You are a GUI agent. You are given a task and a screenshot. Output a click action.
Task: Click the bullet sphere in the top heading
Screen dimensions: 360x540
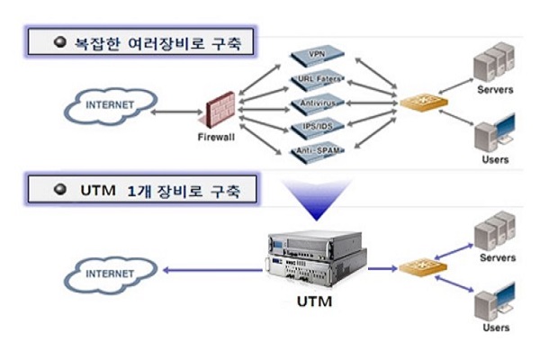pos(60,41)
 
